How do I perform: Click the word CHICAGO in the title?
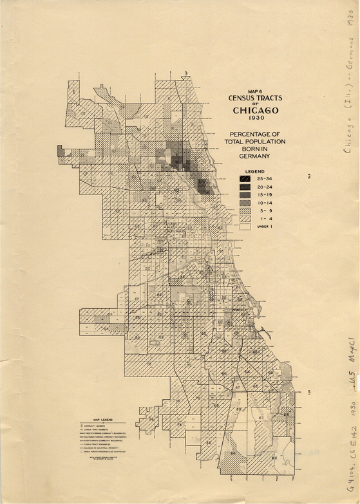click(255, 109)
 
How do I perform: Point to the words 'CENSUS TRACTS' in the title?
click(255, 98)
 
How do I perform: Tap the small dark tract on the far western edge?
click(61, 151)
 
